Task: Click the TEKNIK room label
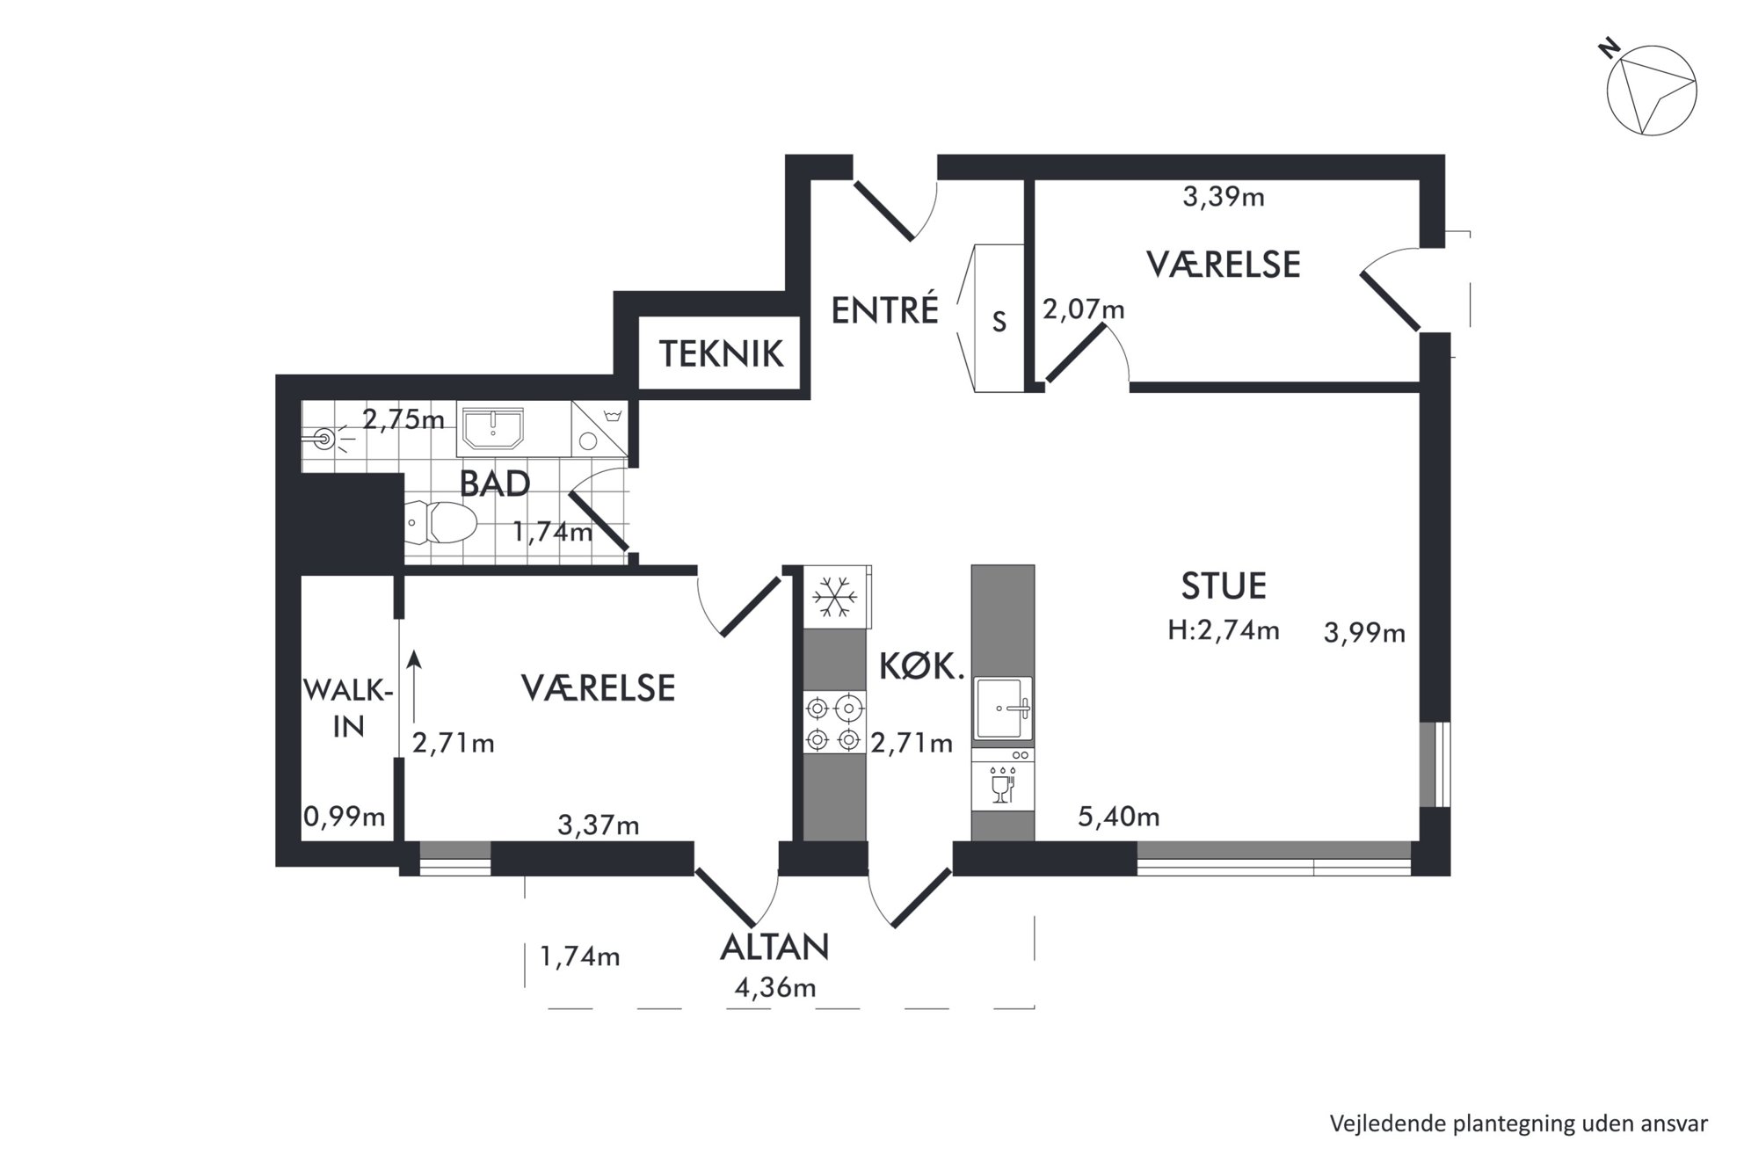[x=721, y=353]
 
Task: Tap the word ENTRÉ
[x=885, y=309]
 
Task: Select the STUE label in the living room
[x=1224, y=585]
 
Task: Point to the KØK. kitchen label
[x=922, y=668]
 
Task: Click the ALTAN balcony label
[x=774, y=947]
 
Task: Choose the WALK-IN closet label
[x=348, y=708]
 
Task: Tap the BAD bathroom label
[x=495, y=483]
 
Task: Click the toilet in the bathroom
[x=442, y=522]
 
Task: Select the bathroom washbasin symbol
[x=492, y=430]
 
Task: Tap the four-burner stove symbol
[x=833, y=722]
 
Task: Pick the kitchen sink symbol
[x=1003, y=708]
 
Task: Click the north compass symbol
[x=1651, y=91]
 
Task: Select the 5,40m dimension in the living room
[x=1118, y=818]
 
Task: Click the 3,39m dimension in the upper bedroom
[x=1223, y=197]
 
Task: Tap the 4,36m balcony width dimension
[x=775, y=988]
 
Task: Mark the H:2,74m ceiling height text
[x=1223, y=630]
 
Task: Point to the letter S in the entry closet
[x=999, y=323]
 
